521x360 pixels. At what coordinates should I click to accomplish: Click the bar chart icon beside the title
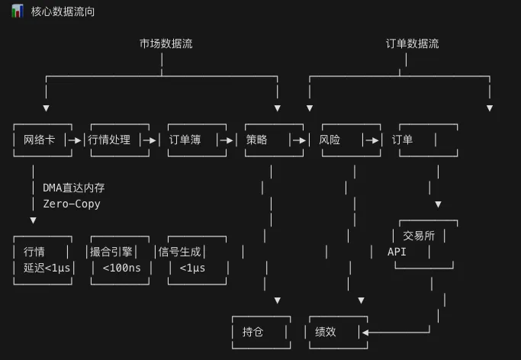click(x=17, y=12)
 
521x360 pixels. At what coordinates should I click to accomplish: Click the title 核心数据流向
click(x=63, y=13)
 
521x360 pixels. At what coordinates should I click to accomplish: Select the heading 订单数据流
click(x=413, y=43)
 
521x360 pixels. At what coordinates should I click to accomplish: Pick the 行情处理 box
click(x=111, y=140)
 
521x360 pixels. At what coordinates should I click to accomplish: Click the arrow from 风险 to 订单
click(x=372, y=140)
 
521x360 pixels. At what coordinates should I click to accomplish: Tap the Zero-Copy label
click(x=71, y=204)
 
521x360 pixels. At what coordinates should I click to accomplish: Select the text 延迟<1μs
click(x=47, y=268)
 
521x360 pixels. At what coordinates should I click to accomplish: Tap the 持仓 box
click(x=252, y=332)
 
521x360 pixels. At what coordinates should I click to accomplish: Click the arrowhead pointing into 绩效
click(x=365, y=332)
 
